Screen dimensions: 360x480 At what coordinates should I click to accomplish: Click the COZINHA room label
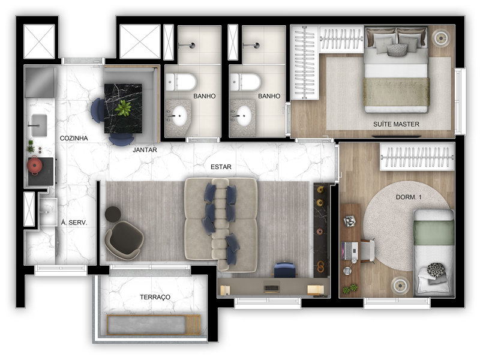pyautogui.click(x=74, y=138)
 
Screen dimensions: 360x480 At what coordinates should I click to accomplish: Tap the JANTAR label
pyautogui.click(x=145, y=151)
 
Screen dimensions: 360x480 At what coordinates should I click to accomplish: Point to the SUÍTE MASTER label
pyautogui.click(x=395, y=124)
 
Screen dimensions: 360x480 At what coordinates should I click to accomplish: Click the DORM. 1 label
pyautogui.click(x=410, y=196)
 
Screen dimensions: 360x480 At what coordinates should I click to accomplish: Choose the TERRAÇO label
pyautogui.click(x=155, y=297)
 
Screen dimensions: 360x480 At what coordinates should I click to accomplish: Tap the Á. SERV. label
pyautogui.click(x=74, y=222)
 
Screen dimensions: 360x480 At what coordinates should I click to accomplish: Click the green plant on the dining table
pyautogui.click(x=124, y=108)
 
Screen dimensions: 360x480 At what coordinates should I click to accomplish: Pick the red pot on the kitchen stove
pyautogui.click(x=35, y=166)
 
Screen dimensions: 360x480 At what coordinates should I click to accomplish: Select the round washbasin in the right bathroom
pyautogui.click(x=244, y=116)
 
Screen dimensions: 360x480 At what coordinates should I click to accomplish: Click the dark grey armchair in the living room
pyautogui.click(x=125, y=238)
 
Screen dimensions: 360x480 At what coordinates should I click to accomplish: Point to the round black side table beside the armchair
pyautogui.click(x=113, y=213)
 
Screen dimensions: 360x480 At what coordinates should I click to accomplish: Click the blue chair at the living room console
pyautogui.click(x=285, y=270)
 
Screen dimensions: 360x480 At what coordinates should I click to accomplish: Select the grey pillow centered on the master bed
pyautogui.click(x=396, y=49)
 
